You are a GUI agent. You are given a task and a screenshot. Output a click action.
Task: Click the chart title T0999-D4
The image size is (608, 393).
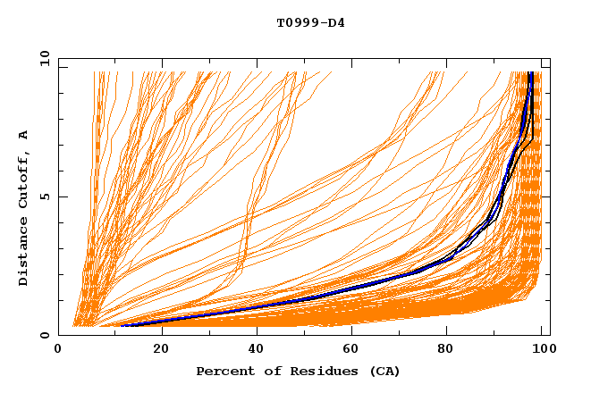click(310, 22)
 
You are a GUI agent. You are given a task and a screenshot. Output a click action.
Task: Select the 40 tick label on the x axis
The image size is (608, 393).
click(258, 350)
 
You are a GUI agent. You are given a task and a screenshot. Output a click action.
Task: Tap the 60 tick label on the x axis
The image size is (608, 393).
click(355, 350)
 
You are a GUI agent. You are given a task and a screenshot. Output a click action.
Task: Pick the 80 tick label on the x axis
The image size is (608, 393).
click(452, 350)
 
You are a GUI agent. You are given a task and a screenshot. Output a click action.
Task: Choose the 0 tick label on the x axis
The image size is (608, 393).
click(59, 350)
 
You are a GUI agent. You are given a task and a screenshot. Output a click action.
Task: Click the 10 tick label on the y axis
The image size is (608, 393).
click(43, 58)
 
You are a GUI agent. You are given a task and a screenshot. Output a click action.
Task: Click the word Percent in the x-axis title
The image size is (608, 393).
click(222, 371)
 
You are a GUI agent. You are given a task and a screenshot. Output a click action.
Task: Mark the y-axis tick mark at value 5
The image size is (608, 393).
click(62, 196)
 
